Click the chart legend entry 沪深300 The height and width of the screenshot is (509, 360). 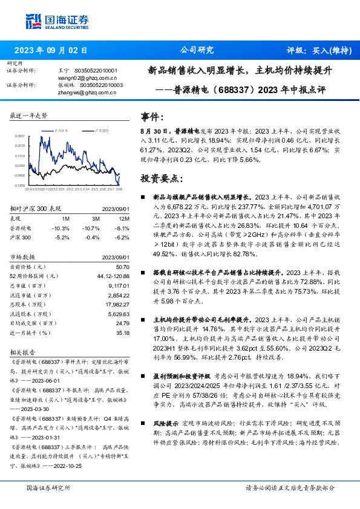click(x=102, y=130)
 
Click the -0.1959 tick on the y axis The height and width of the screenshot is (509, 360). click(x=20, y=186)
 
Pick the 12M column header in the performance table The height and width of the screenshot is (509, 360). click(x=125, y=218)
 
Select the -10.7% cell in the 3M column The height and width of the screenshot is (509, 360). click(x=91, y=228)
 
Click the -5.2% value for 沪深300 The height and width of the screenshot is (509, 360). click(x=62, y=238)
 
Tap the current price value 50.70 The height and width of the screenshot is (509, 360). click(x=123, y=267)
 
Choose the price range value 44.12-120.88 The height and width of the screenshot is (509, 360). click(x=113, y=276)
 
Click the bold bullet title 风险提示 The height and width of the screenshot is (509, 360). click(x=166, y=426)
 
